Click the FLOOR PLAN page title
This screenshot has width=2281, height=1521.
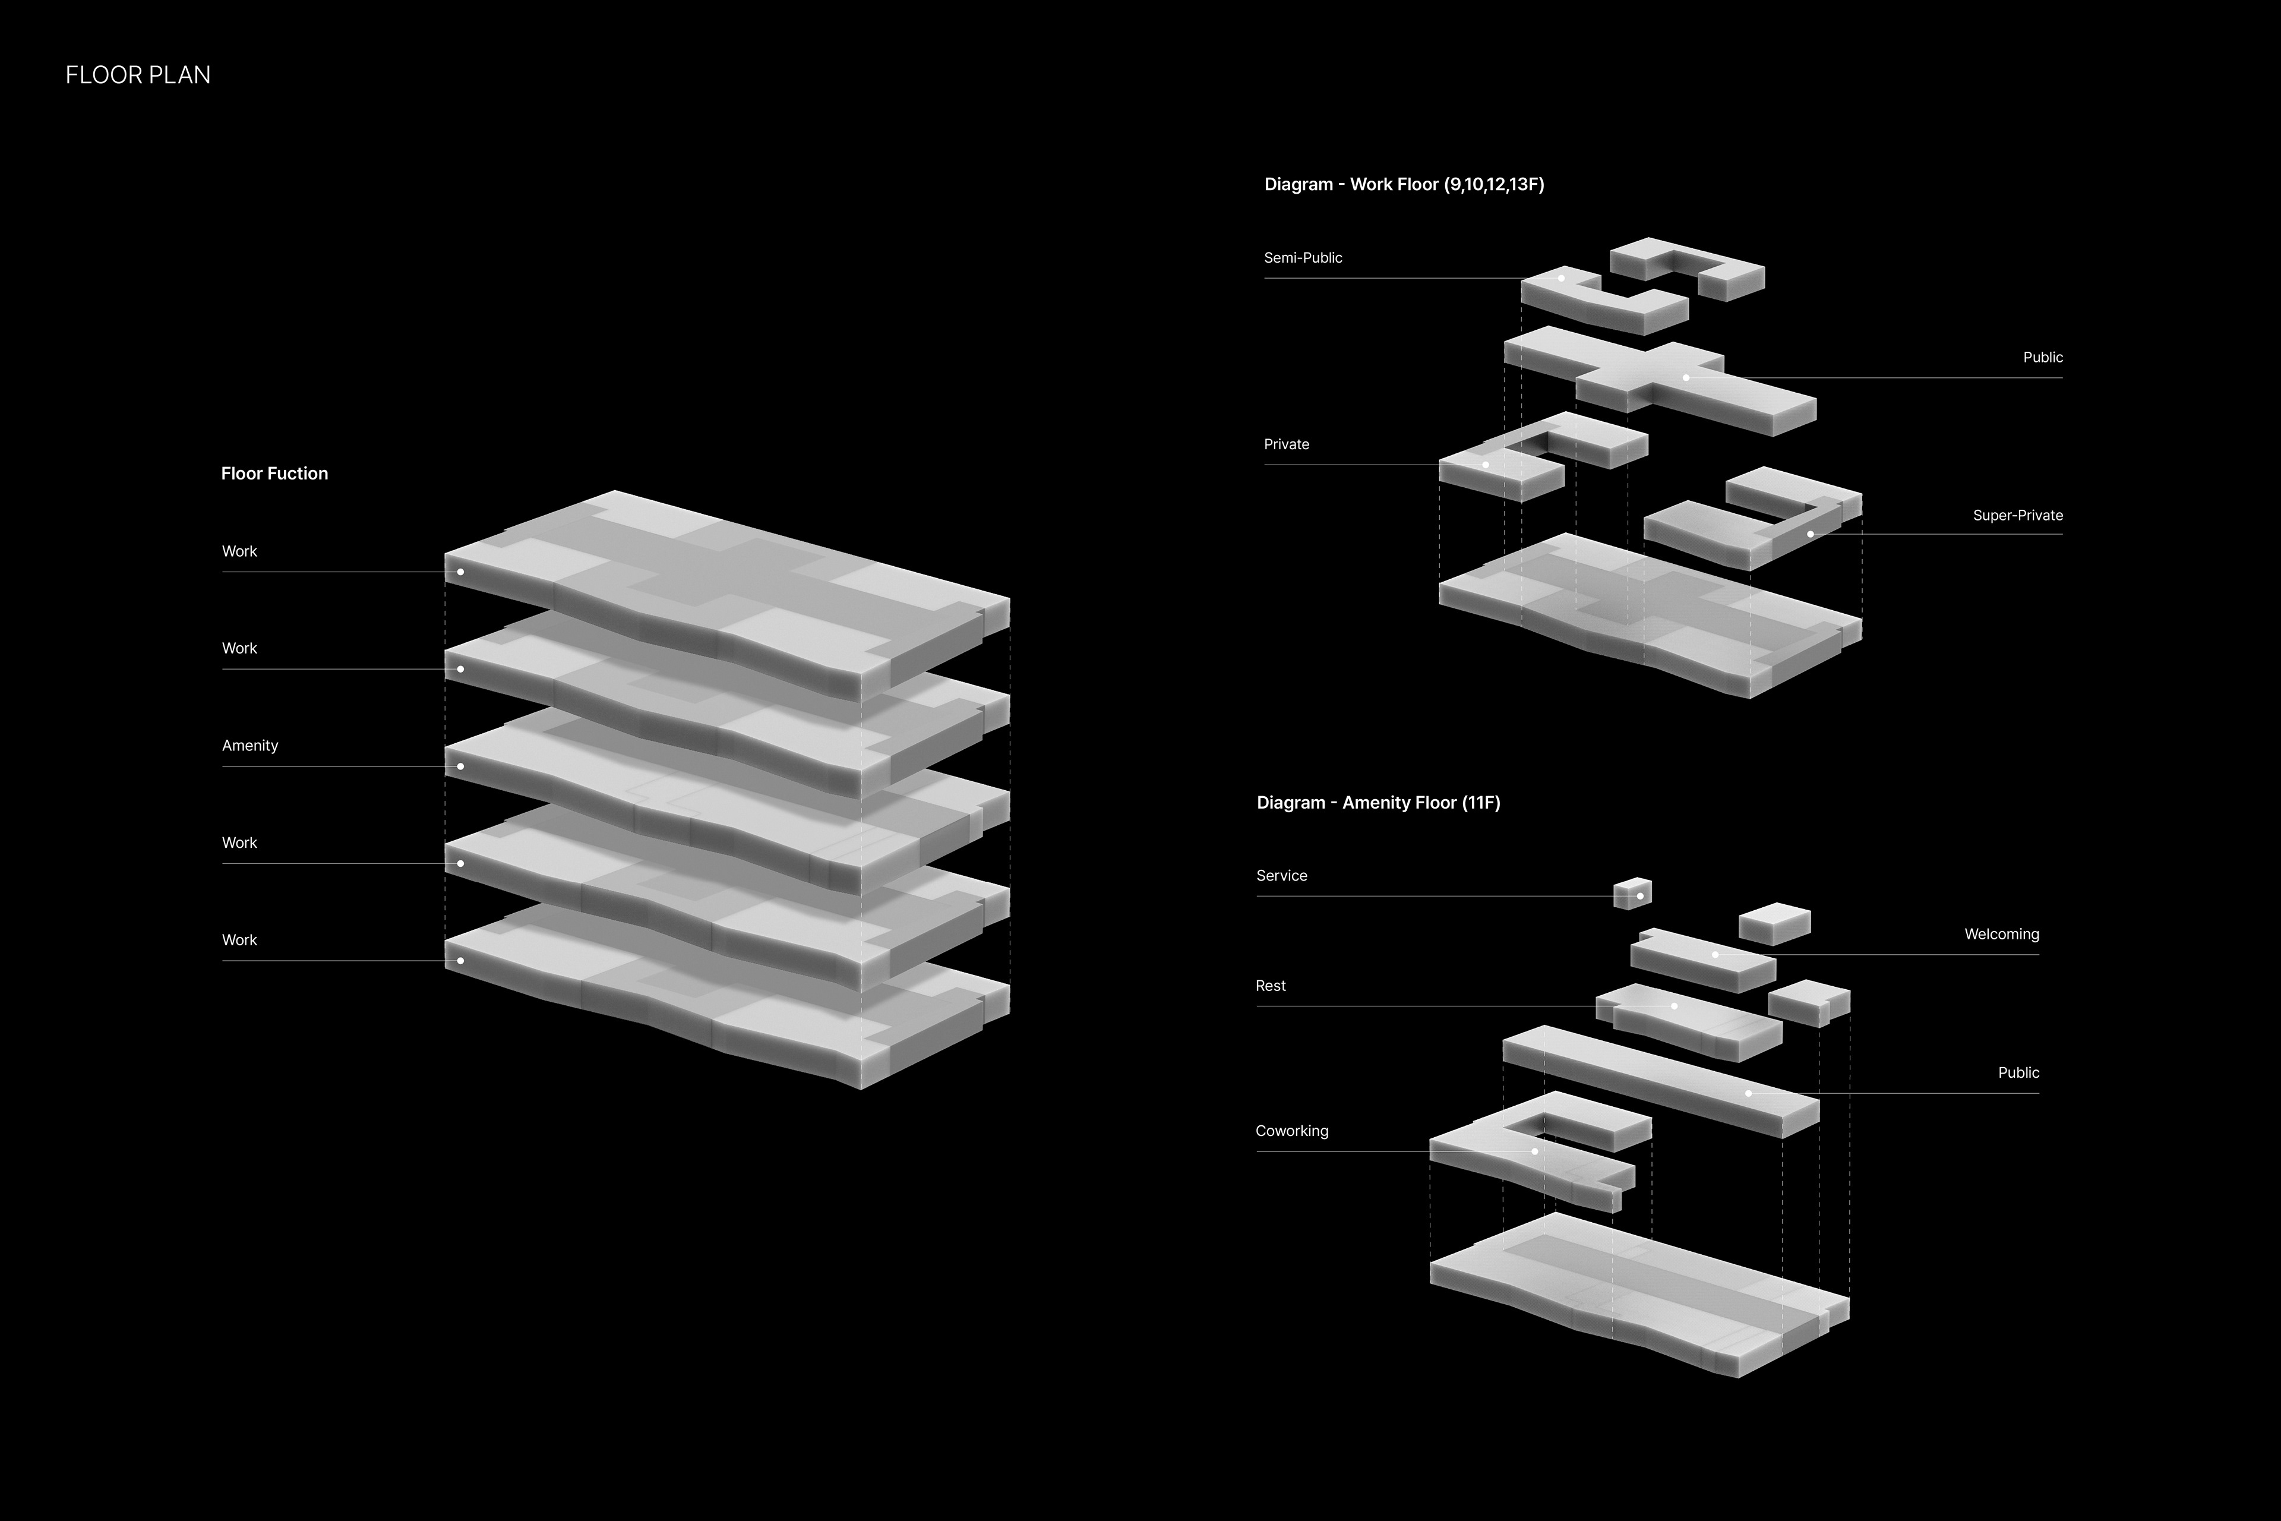138,75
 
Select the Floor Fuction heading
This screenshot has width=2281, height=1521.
274,474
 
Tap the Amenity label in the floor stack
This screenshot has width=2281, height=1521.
250,745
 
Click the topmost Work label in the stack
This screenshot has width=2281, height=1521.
239,551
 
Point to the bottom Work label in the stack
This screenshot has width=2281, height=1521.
239,940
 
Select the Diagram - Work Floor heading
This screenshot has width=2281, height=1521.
1403,184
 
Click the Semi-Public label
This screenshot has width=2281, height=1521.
1303,258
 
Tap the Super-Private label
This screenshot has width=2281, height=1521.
2017,515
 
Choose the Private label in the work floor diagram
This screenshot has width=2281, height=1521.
1286,444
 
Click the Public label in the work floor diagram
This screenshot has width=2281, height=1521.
2042,357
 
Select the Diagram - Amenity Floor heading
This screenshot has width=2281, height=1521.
1378,802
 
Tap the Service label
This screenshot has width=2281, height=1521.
1281,875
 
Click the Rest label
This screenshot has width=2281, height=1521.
1271,986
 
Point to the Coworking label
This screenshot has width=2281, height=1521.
1292,1131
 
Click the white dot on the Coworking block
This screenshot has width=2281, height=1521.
1535,1151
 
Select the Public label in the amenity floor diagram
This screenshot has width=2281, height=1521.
2018,1073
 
